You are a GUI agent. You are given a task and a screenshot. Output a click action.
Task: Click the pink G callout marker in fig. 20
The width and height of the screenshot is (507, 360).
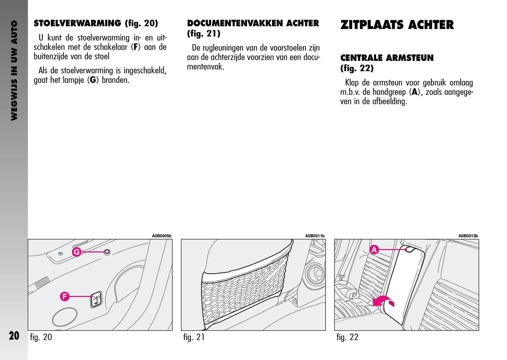click(x=76, y=252)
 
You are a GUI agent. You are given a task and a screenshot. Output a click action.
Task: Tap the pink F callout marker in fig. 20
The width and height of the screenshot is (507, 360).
click(x=64, y=296)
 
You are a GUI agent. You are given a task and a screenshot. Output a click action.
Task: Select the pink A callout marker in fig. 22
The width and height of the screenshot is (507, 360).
click(x=374, y=250)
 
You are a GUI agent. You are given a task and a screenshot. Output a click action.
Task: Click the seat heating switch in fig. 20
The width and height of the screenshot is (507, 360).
click(x=96, y=299)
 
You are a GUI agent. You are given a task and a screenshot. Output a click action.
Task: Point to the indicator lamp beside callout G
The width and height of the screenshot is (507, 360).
click(x=107, y=252)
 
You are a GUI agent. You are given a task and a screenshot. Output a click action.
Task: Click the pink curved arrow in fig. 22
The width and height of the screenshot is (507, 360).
click(x=383, y=301)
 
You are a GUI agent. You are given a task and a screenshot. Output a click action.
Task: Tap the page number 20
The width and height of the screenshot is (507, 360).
click(x=14, y=336)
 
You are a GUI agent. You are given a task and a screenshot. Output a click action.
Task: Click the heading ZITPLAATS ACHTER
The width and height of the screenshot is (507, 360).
click(x=397, y=25)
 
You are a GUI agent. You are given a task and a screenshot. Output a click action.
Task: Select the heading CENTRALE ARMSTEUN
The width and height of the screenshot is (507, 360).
click(x=387, y=58)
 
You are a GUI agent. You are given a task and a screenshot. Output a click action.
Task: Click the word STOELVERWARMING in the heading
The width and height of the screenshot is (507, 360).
click(x=78, y=24)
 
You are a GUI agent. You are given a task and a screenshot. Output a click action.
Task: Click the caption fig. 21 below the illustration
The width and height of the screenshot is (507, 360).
click(x=194, y=337)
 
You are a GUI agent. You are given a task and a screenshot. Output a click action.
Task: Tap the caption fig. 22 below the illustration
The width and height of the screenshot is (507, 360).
click(x=347, y=337)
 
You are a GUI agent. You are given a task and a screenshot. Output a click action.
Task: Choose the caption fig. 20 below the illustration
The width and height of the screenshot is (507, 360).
click(x=41, y=337)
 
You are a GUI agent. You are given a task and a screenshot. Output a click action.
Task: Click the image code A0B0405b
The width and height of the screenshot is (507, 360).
click(x=161, y=236)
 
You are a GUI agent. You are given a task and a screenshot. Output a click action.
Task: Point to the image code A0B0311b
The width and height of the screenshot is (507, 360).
click(x=315, y=236)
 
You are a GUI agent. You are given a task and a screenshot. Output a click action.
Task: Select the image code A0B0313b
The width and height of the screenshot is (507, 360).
click(x=468, y=236)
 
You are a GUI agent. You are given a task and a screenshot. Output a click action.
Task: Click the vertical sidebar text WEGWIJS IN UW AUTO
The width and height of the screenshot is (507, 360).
click(x=14, y=70)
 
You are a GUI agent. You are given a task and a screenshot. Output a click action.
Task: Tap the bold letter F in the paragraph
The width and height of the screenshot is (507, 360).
click(x=135, y=47)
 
